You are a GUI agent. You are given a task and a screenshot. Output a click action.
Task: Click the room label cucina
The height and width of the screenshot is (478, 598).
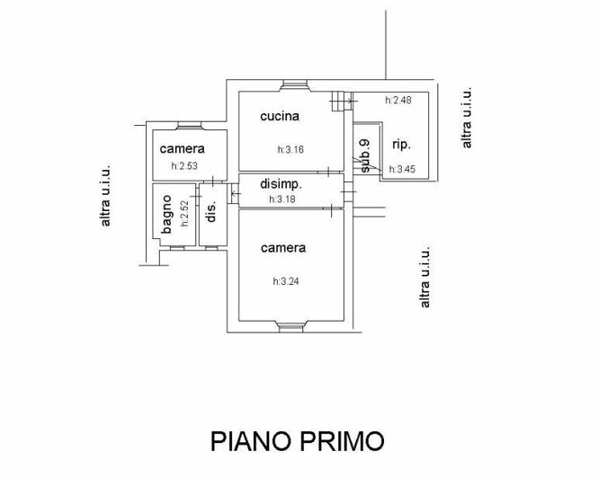pos(280,116)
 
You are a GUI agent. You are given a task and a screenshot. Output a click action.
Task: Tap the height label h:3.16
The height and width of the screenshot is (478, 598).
pos(290,150)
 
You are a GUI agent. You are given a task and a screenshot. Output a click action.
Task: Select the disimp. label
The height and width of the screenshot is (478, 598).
pos(280,184)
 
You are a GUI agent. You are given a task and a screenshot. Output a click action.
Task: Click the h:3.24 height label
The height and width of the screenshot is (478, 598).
pos(286,281)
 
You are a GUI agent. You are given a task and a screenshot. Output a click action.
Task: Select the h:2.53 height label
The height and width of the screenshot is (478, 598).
pos(184,166)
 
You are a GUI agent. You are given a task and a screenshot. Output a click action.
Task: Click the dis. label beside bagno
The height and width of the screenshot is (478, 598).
pos(211,211)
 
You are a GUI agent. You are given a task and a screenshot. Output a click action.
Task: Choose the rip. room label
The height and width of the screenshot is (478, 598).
pos(402,144)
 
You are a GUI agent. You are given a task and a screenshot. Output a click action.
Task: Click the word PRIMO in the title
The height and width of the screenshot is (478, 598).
pos(346,441)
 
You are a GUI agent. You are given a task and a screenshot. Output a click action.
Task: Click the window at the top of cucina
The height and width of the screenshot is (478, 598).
pos(293,86)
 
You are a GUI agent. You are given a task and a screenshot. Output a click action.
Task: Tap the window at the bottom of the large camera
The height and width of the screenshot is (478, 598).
pos(292,325)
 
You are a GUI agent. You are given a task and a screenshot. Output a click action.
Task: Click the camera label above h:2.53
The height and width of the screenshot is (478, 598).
pos(183,148)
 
